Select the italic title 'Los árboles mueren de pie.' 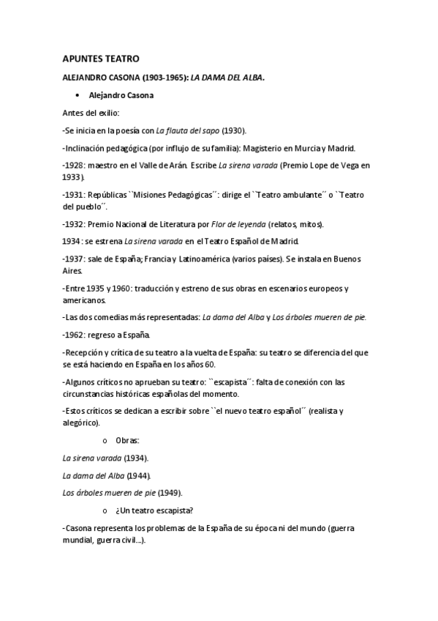[320, 316]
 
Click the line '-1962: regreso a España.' [107, 335]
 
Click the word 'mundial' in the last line [79, 540]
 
